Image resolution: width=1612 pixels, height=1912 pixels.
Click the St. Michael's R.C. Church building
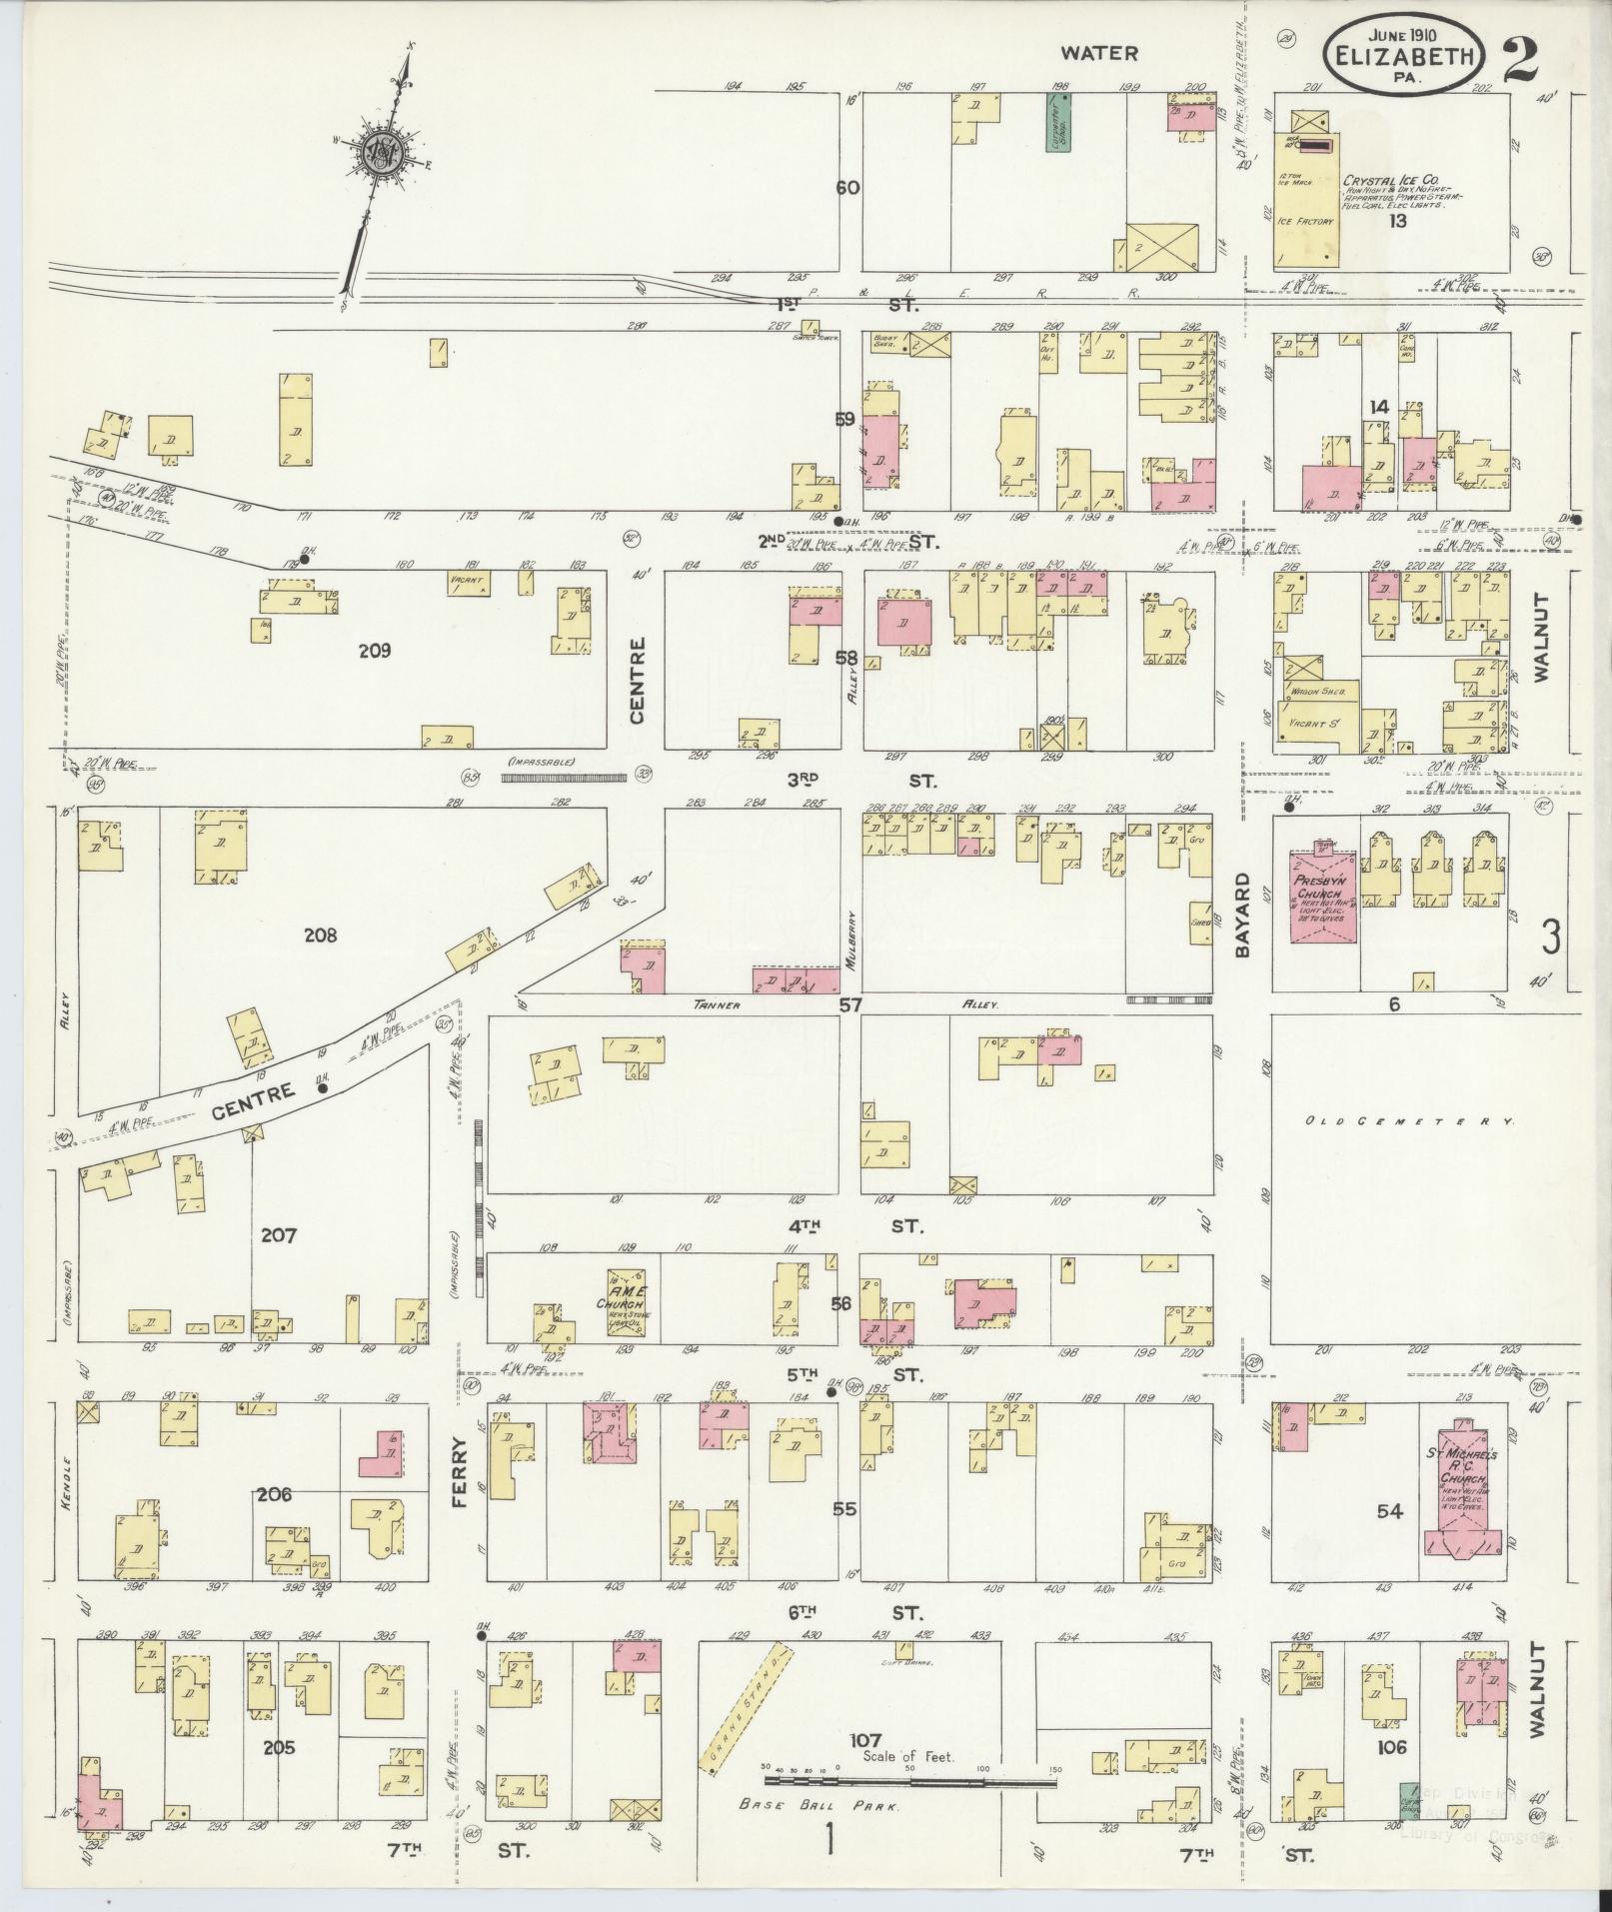(x=1463, y=1503)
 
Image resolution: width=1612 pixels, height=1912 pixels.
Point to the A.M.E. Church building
(x=626, y=1297)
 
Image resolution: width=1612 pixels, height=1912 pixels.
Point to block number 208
(x=321, y=936)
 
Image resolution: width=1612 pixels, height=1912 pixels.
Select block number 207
(x=278, y=1235)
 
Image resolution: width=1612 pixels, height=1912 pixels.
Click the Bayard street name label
(x=1243, y=916)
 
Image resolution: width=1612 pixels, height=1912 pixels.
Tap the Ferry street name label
(x=460, y=1471)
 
